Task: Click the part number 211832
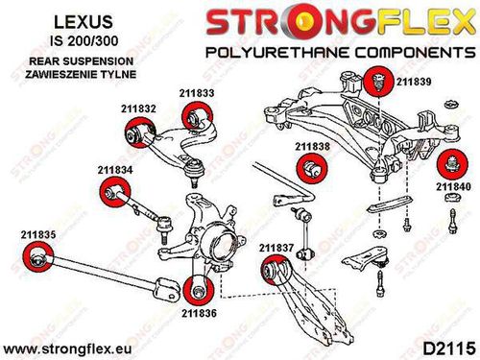tap(138, 108)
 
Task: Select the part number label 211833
tap(197, 93)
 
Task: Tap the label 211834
tap(115, 170)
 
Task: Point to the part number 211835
tap(38, 234)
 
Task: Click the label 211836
tap(199, 313)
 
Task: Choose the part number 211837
tap(276, 248)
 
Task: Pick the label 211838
tap(312, 147)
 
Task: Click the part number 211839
tap(414, 82)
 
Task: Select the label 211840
tap(453, 186)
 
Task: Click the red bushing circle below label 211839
tap(378, 81)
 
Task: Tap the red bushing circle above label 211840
tap(452, 164)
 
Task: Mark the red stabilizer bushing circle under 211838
tap(312, 169)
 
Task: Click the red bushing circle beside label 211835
tap(38, 258)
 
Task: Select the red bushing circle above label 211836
tap(199, 290)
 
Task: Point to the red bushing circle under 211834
tap(115, 192)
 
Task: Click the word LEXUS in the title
tap(84, 22)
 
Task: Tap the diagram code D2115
tap(448, 348)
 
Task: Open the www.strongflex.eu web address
tap(67, 348)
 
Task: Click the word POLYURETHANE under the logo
tap(277, 52)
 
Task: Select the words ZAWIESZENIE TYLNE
tap(81, 74)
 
